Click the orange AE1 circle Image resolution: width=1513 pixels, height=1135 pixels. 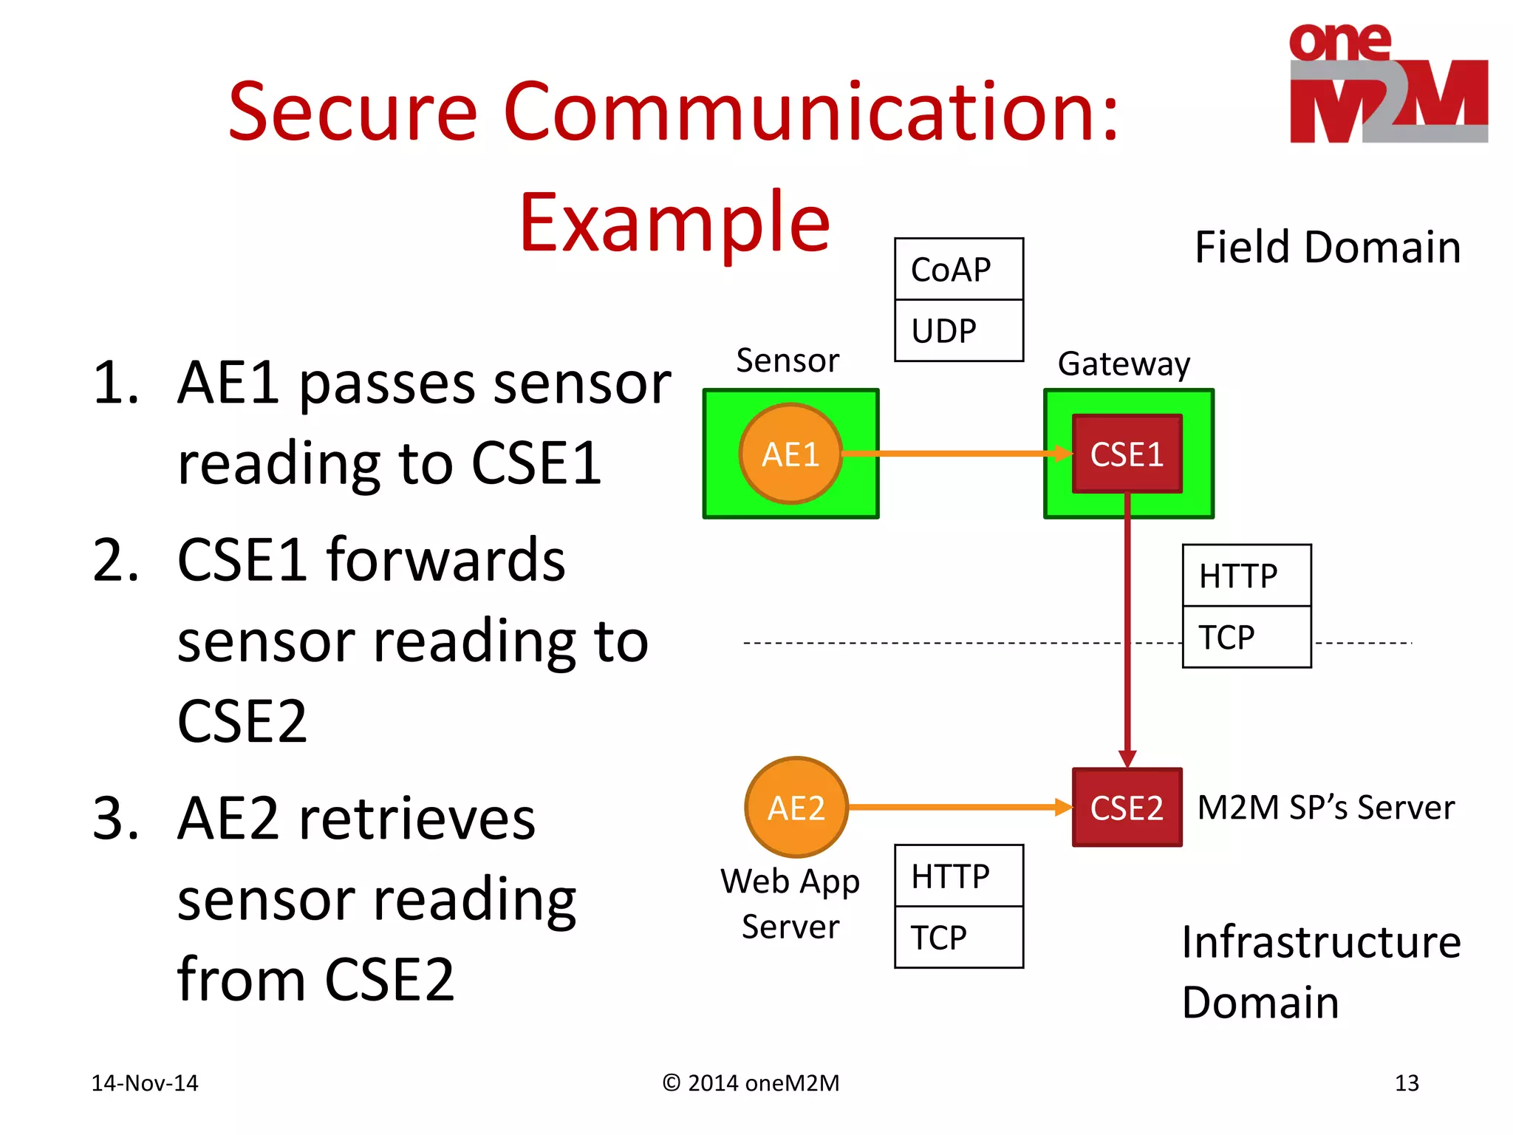790,454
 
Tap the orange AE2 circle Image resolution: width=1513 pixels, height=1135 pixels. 796,807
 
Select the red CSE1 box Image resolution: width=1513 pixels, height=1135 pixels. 1127,454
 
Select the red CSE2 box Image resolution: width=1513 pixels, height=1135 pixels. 1127,807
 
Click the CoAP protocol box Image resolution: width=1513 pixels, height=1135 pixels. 958,269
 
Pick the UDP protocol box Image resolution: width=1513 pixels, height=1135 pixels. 958,330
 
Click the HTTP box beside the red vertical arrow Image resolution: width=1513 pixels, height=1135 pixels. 1246,576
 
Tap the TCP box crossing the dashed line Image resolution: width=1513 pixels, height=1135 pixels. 1246,637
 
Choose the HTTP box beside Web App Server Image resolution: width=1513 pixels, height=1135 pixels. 958,876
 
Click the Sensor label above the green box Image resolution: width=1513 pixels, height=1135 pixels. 788,361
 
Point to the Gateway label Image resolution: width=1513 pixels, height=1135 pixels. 1124,364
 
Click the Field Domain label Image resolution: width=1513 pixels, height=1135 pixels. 1328,247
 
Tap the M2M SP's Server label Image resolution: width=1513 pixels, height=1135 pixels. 1325,807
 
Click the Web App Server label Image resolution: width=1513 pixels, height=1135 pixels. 790,903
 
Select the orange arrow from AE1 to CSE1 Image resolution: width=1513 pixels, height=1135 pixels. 953,454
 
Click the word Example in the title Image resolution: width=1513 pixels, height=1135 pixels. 674,222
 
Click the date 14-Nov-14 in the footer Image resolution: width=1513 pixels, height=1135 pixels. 145,1083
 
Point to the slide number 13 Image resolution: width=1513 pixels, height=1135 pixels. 1407,1083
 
